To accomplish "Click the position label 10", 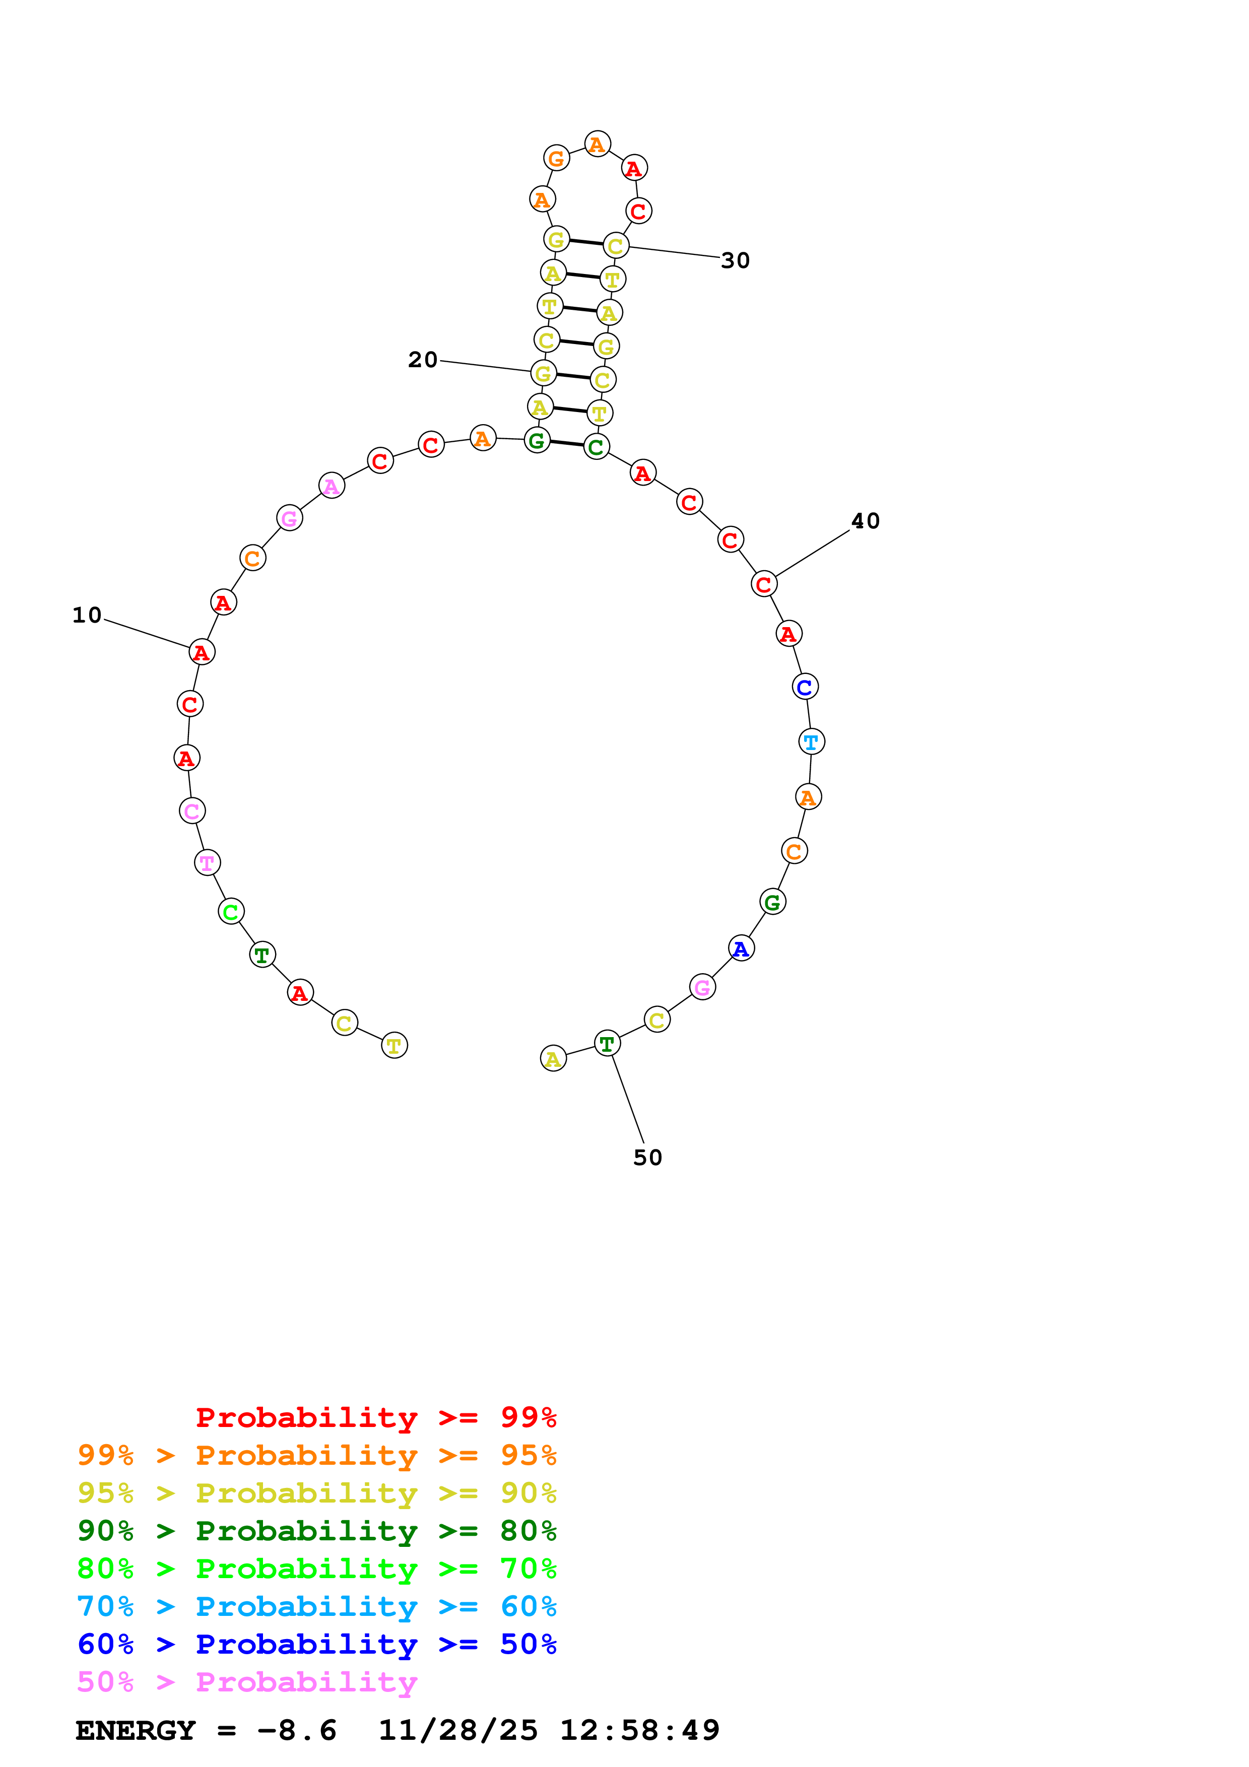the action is pyautogui.click(x=87, y=615).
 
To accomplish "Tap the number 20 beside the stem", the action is pyautogui.click(x=423, y=360).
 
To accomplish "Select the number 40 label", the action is pyautogui.click(x=865, y=521).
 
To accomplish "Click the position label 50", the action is pyautogui.click(x=647, y=1158).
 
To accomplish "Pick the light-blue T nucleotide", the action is pyautogui.click(x=811, y=742).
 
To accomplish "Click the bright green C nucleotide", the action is pyautogui.click(x=231, y=912).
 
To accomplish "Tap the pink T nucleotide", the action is pyautogui.click(x=207, y=863).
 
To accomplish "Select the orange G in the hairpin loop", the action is pyautogui.click(x=556, y=159).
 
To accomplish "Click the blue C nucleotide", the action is pyautogui.click(x=805, y=687).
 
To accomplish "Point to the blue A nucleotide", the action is pyautogui.click(x=741, y=949).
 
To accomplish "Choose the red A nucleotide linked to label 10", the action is pyautogui.click(x=202, y=652).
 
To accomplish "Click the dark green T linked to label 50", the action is pyautogui.click(x=607, y=1044).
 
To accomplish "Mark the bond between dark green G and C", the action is pyautogui.click(x=566, y=443).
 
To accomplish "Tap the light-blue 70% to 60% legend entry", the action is pyautogui.click(x=316, y=1606).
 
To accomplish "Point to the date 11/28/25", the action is pyautogui.click(x=458, y=1731).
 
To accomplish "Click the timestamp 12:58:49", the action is pyautogui.click(x=639, y=1731).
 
